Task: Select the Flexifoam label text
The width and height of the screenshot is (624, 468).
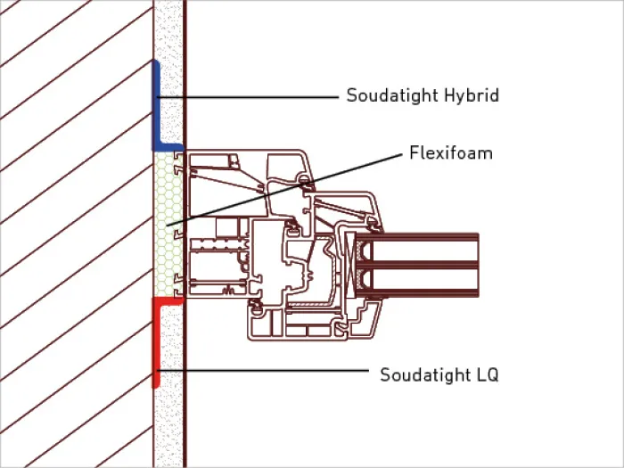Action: tap(451, 152)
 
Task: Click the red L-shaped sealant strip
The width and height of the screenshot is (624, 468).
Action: tap(156, 342)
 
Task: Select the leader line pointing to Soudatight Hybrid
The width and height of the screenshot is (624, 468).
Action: tap(248, 96)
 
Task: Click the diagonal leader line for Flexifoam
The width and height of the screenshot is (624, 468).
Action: tap(284, 190)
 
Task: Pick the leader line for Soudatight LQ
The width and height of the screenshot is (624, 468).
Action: tap(263, 371)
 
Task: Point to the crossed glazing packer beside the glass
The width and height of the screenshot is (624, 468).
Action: tap(350, 265)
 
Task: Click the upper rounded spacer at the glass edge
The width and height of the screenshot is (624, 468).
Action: tap(364, 251)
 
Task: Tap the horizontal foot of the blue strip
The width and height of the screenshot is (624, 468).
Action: tap(168, 147)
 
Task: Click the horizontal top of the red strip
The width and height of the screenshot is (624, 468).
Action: tap(168, 301)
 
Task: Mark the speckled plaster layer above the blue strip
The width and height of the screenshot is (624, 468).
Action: tap(168, 29)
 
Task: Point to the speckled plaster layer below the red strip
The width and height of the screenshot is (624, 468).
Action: tap(168, 428)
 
